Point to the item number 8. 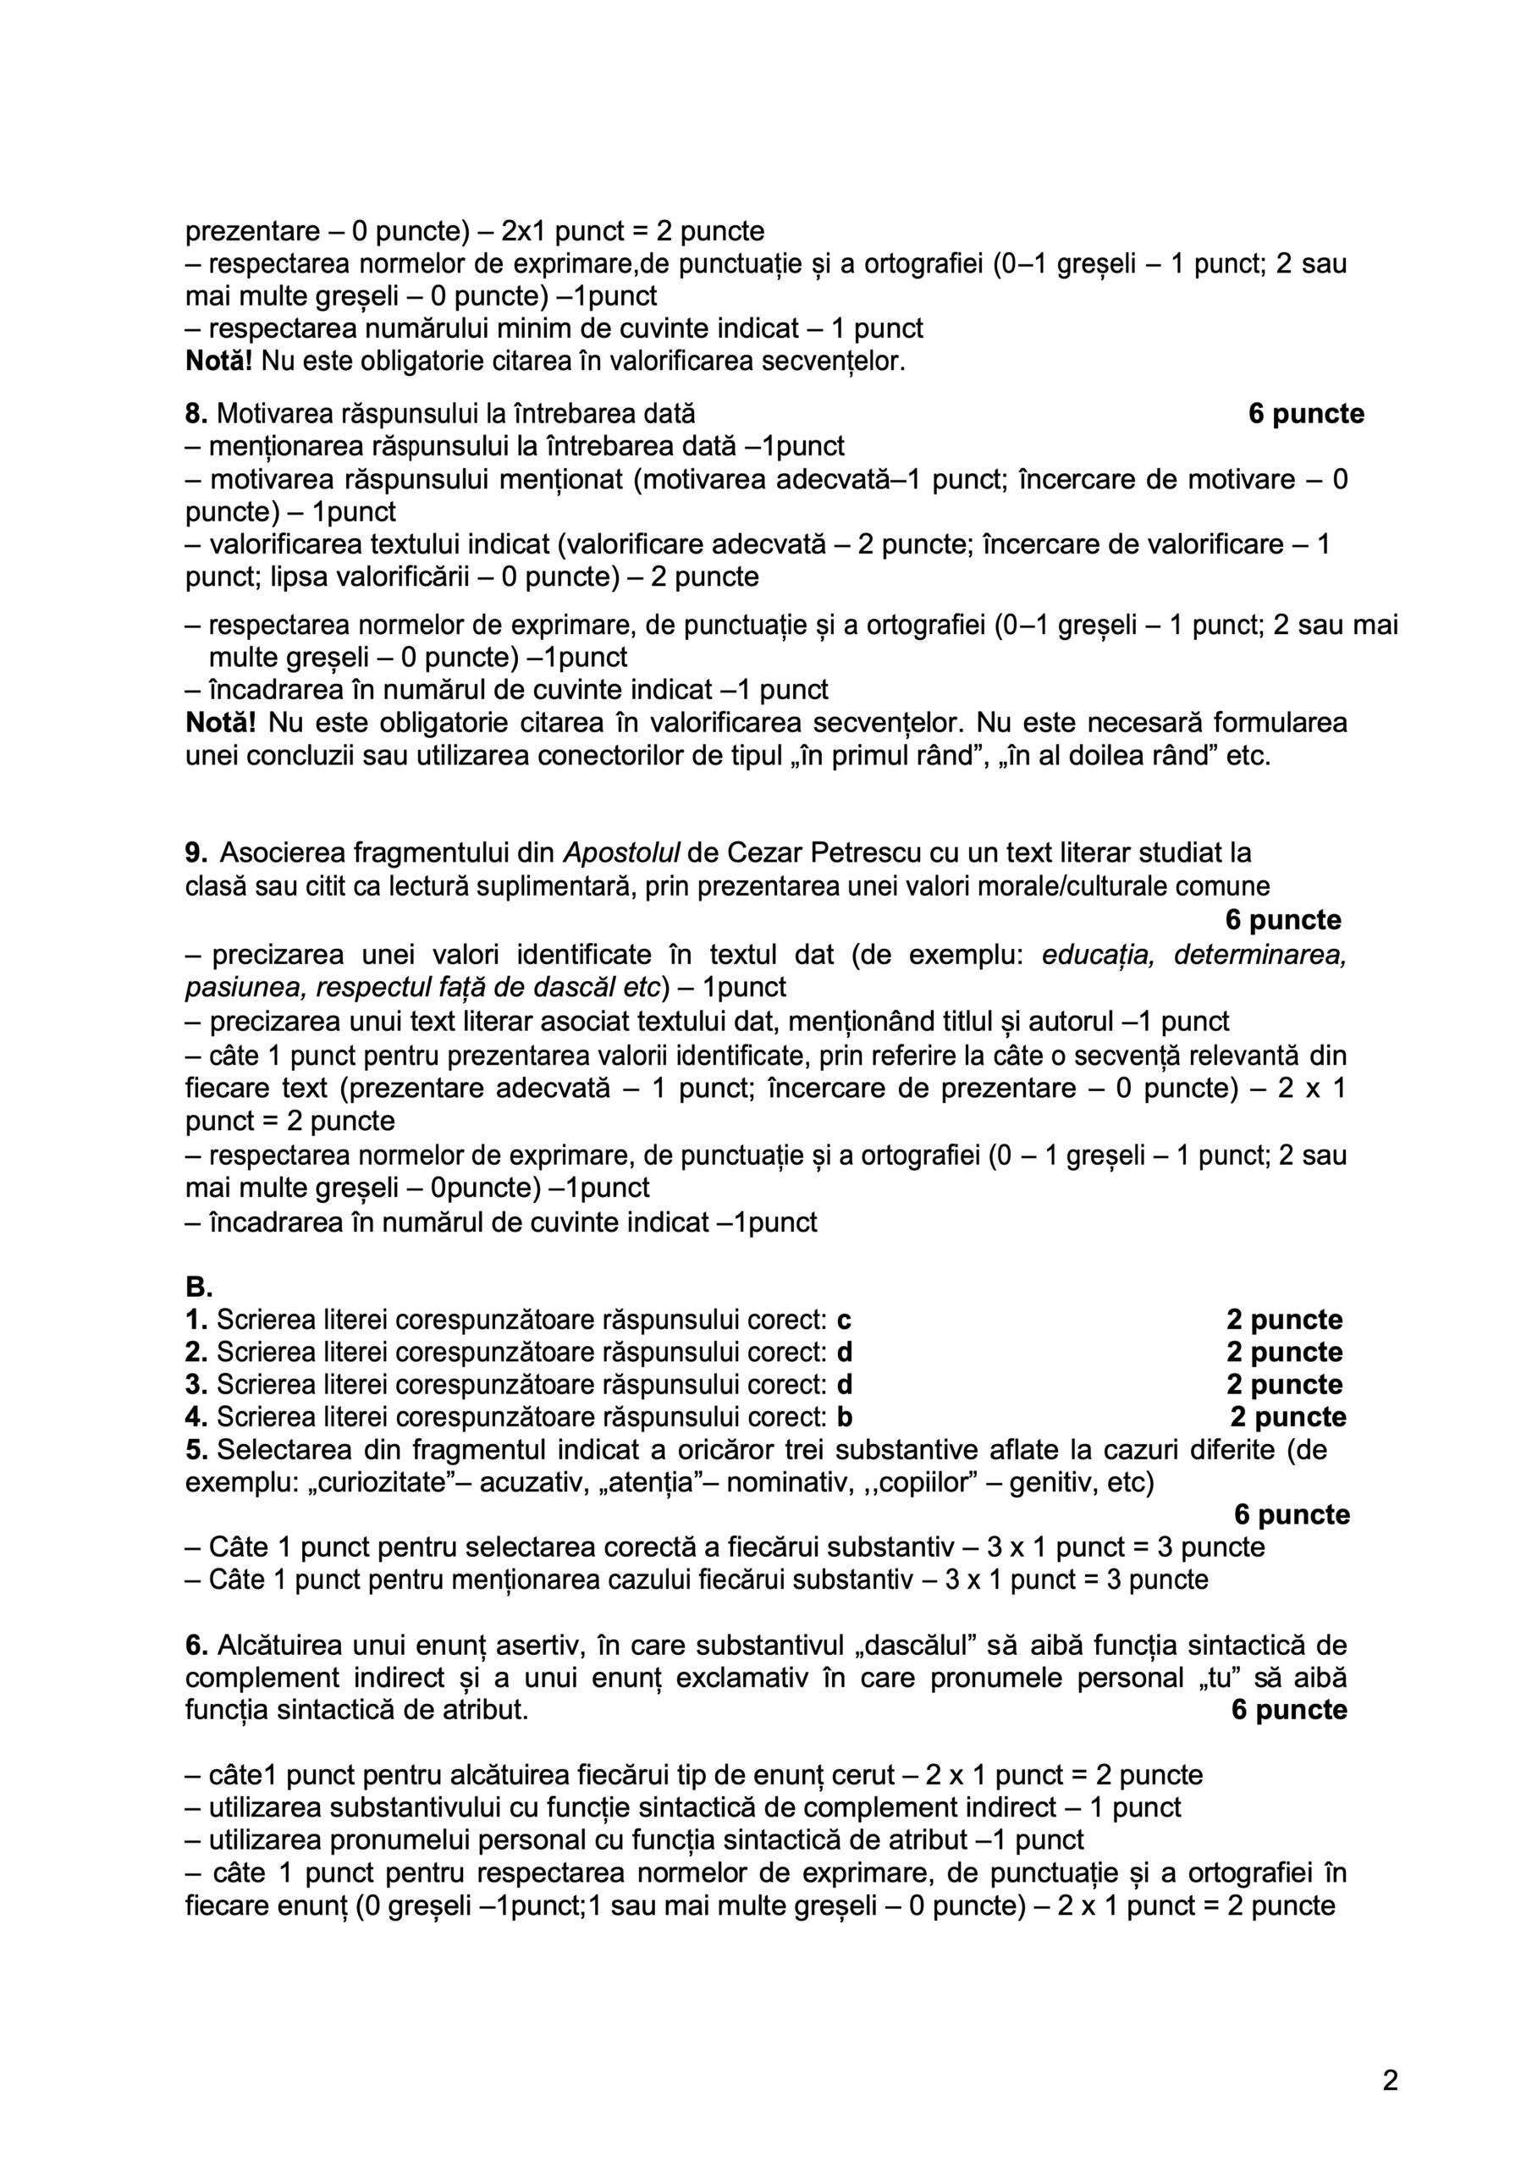[196, 413]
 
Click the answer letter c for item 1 [845, 1321]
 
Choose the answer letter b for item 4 [845, 1417]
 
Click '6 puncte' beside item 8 [1305, 413]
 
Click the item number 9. [196, 853]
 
